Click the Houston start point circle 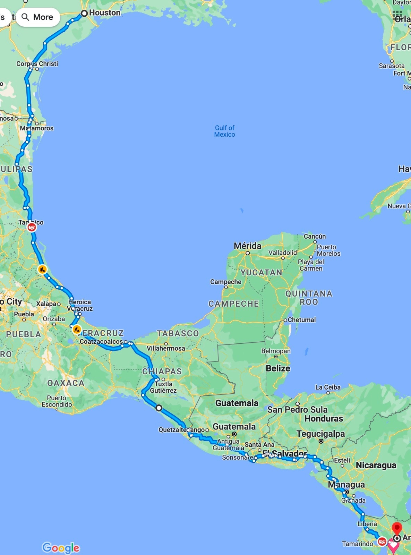[84, 14]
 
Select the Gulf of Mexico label [224, 131]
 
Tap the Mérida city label [247, 246]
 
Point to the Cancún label [315, 236]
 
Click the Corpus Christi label [37, 64]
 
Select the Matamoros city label [37, 128]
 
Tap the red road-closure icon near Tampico [32, 227]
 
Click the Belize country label [278, 368]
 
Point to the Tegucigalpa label [320, 434]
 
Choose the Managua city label [346, 484]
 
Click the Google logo [61, 548]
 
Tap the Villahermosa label [166, 348]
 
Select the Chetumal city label [301, 319]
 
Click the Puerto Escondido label [57, 401]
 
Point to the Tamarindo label [358, 544]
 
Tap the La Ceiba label [328, 387]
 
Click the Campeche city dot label [225, 282]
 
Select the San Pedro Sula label [297, 409]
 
